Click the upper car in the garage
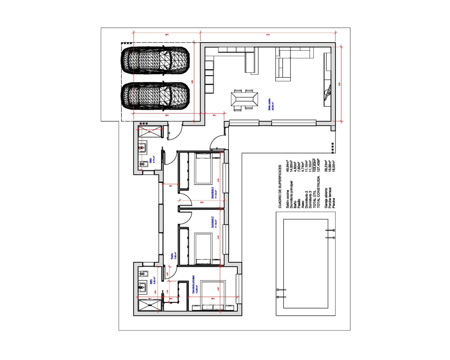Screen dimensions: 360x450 tap(155, 60)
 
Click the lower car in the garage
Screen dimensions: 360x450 tap(155, 96)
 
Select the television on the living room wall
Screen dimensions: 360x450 tap(328, 92)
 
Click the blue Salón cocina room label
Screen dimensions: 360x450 tap(270, 104)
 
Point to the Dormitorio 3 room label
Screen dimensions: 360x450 tap(213, 193)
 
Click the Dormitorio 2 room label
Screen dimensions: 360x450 tap(213, 222)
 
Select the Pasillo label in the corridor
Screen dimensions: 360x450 tap(173, 256)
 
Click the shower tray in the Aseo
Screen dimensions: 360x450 tap(149, 133)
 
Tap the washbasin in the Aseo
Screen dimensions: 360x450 tap(143, 148)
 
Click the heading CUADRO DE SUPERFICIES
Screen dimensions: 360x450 tap(280, 186)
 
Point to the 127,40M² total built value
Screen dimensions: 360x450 tap(319, 165)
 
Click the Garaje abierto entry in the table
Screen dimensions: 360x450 tap(326, 198)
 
